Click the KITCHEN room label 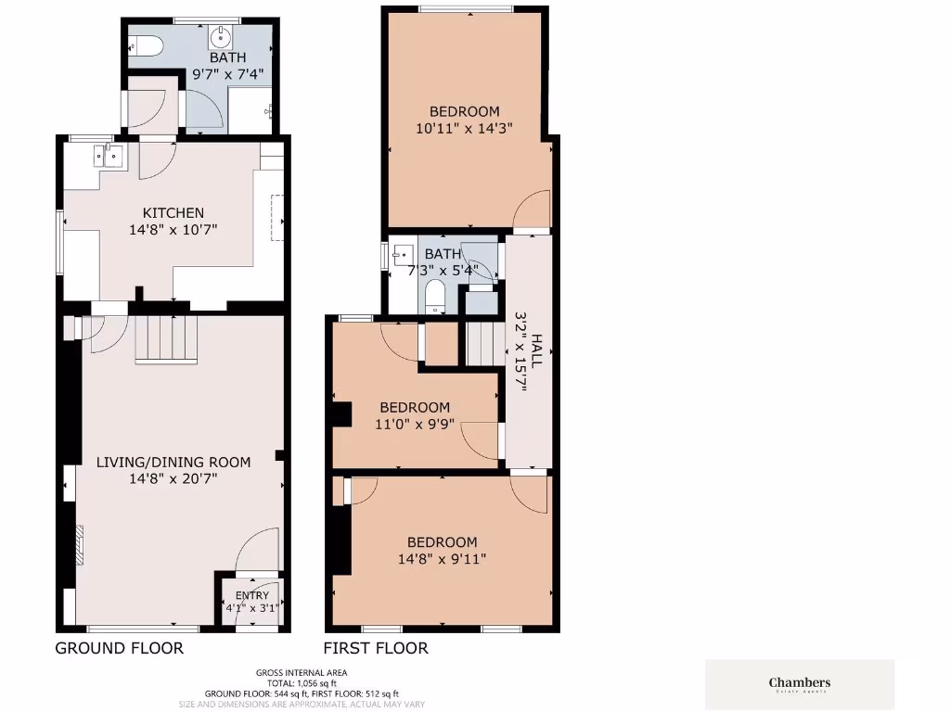point(173,212)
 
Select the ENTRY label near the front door point(252,595)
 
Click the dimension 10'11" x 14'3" point(464,128)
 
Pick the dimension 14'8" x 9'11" point(443,558)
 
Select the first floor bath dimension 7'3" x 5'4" point(442,270)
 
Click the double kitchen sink point(109,157)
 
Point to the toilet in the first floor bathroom point(435,297)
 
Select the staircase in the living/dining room point(168,338)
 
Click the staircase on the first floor point(481,344)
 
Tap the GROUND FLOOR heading point(119,648)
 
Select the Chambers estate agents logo point(800,685)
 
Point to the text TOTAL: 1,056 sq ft point(302,683)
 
